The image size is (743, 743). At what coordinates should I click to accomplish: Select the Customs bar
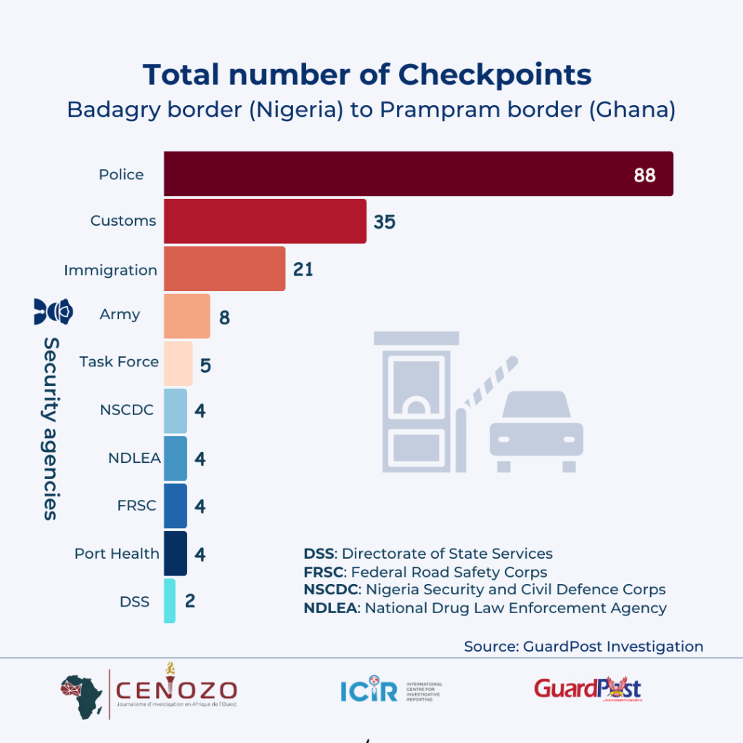[x=265, y=221]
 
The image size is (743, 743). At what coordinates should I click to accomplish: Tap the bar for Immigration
[x=224, y=268]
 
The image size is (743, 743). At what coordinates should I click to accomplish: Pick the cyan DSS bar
[x=169, y=601]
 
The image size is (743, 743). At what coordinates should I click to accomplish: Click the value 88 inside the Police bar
[x=644, y=175]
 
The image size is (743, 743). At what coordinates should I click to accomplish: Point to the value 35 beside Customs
[x=385, y=222]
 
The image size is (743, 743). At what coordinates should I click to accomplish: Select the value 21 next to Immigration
[x=303, y=269]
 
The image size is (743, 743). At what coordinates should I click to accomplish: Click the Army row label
[x=120, y=315]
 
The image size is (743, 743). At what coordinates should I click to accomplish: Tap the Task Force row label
[x=119, y=361]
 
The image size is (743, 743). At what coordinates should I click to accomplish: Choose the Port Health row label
[x=117, y=554]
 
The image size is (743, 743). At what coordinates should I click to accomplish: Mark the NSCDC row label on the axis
[x=127, y=410]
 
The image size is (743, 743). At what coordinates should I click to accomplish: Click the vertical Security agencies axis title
[x=50, y=428]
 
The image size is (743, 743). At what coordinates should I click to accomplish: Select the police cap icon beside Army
[x=54, y=311]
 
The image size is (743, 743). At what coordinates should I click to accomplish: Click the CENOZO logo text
[x=176, y=689]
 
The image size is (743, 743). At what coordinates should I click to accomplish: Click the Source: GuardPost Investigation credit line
[x=583, y=646]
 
